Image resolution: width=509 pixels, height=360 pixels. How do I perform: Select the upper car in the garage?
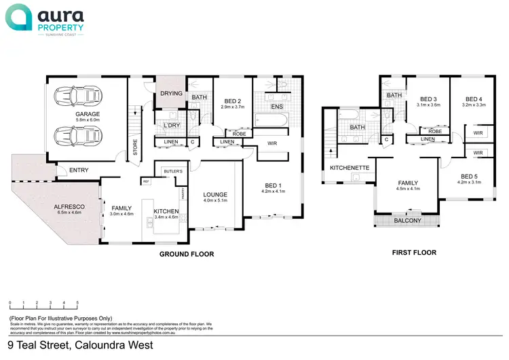click(79, 97)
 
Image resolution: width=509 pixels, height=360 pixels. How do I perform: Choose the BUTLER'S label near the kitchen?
click(174, 173)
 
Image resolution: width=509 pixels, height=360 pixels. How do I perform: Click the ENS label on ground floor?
click(277, 107)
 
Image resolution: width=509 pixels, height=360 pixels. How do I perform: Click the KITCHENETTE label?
click(350, 167)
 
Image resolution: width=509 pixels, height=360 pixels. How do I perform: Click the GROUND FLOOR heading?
click(187, 254)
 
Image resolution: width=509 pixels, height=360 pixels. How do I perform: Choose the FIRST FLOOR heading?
click(414, 252)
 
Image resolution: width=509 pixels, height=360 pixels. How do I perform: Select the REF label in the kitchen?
click(146, 181)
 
